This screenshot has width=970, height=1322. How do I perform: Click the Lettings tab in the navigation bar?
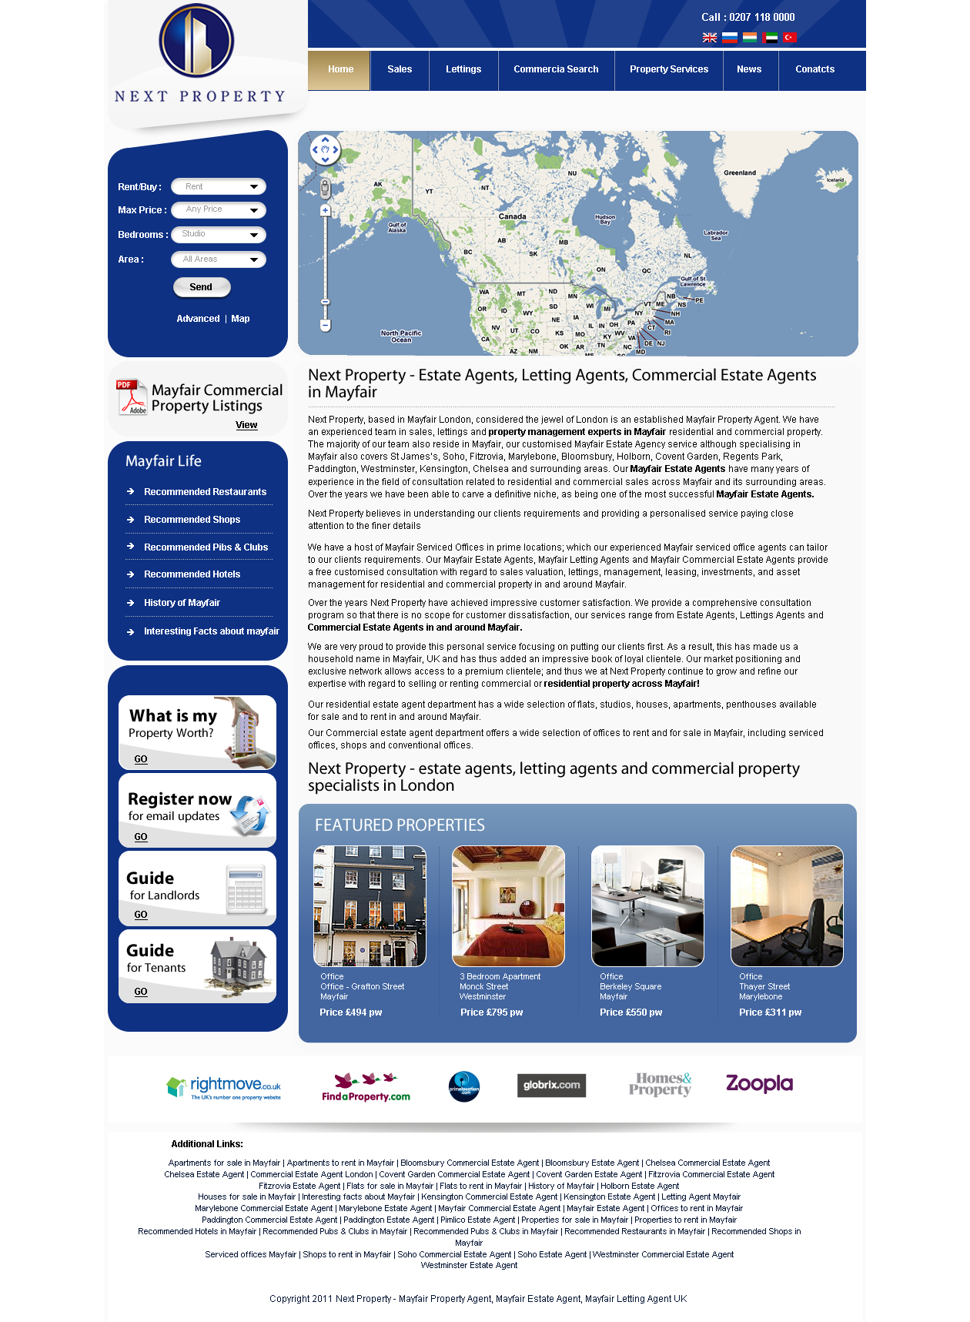click(463, 69)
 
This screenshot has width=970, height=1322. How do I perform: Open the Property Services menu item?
click(668, 69)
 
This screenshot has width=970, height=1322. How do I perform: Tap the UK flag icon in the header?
click(710, 38)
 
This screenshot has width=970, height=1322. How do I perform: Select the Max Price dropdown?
click(219, 209)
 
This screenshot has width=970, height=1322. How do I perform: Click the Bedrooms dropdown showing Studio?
click(219, 234)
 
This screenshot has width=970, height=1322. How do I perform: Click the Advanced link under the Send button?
click(198, 319)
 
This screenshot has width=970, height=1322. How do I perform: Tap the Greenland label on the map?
click(739, 173)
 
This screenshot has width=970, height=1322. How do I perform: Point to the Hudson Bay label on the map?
click(605, 219)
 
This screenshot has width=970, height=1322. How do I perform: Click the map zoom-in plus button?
click(326, 210)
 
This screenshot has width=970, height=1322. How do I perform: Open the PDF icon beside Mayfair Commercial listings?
click(132, 397)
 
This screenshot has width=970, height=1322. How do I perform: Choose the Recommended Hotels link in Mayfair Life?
click(192, 574)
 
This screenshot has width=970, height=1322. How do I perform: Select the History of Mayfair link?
click(182, 603)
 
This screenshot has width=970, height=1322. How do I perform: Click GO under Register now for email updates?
click(141, 837)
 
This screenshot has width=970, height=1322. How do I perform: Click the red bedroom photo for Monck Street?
click(508, 905)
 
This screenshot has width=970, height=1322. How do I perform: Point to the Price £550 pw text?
click(630, 1012)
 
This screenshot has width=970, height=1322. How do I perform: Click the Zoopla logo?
click(759, 1084)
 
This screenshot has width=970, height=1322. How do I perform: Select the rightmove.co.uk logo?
click(224, 1087)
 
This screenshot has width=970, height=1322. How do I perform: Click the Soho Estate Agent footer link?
click(552, 1254)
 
